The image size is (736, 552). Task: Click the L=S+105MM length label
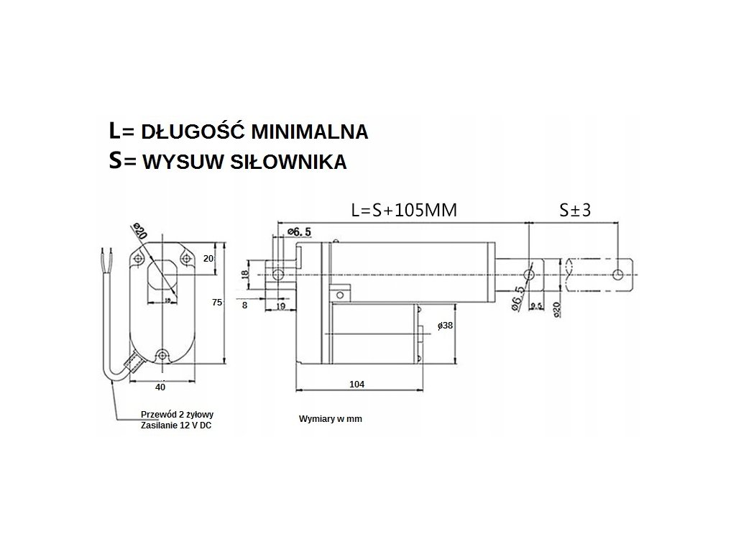[x=404, y=211]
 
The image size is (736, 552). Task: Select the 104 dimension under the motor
[x=356, y=385]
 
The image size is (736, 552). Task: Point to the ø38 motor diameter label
[x=445, y=326]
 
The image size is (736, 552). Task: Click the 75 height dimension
[x=217, y=303]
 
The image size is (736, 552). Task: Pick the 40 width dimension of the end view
[x=160, y=387]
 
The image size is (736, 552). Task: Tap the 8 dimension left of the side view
[x=244, y=305]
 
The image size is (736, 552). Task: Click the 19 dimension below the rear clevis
[x=280, y=306]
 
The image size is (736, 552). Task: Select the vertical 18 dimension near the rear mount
[x=245, y=274]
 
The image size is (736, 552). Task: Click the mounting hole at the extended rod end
[x=618, y=274]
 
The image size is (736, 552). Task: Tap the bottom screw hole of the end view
[x=163, y=355]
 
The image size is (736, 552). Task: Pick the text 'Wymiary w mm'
[x=331, y=418]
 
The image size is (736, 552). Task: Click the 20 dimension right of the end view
[x=208, y=259]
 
